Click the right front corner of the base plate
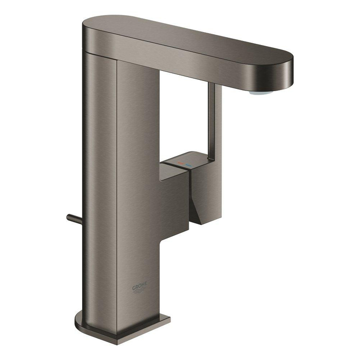[x=169, y=320]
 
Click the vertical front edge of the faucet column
[x=117, y=197]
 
